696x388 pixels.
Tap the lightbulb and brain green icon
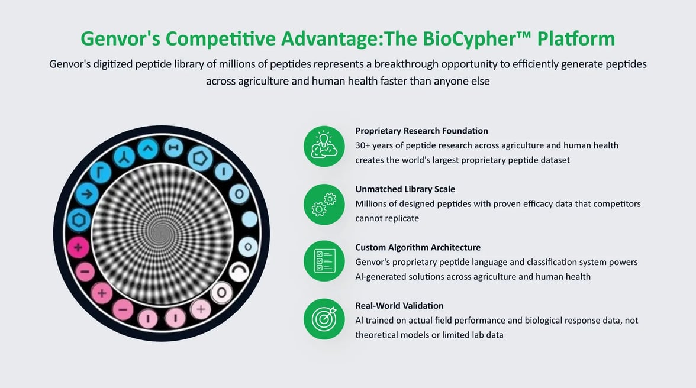click(x=324, y=146)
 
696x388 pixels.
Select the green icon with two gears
click(x=324, y=205)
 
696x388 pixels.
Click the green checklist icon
click(x=324, y=261)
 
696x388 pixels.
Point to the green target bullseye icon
click(x=324, y=319)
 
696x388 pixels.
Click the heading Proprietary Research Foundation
click(x=421, y=131)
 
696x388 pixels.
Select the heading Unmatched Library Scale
click(x=405, y=189)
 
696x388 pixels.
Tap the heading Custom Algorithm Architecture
click(x=418, y=247)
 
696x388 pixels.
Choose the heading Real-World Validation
click(x=399, y=306)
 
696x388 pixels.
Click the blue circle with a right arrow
click(x=86, y=194)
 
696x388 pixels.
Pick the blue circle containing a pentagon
click(x=200, y=159)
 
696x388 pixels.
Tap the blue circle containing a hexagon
click(x=79, y=220)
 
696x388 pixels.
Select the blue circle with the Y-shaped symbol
click(x=124, y=157)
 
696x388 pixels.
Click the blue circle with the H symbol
click(x=173, y=148)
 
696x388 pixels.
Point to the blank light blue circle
click(x=250, y=219)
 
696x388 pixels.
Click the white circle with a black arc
click(x=239, y=271)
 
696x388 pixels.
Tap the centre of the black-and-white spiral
click(x=162, y=233)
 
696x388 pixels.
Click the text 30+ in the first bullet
click(x=362, y=145)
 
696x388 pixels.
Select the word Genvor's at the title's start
click(x=120, y=38)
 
